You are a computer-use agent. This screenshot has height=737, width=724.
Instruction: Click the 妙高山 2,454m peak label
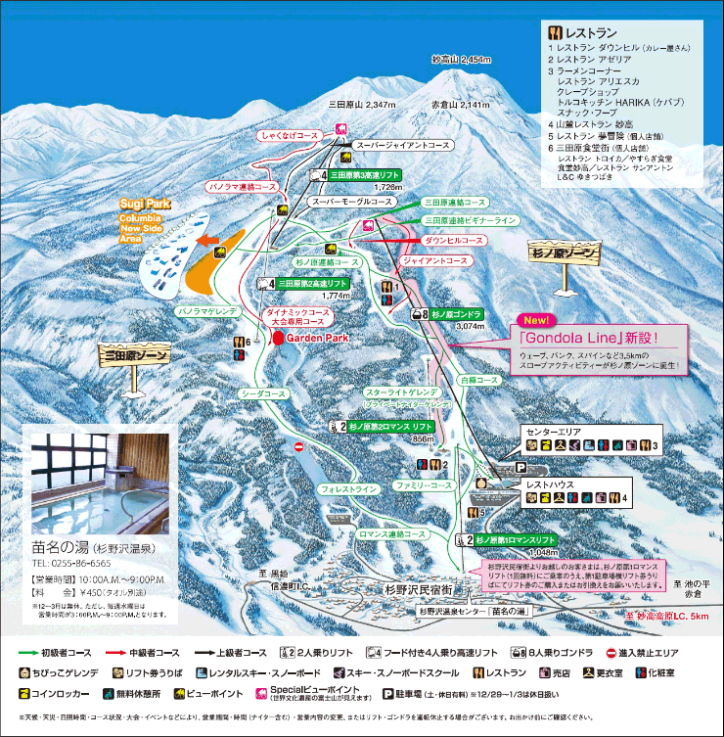coord(461,60)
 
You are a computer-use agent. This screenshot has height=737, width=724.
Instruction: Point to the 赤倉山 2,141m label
coord(459,104)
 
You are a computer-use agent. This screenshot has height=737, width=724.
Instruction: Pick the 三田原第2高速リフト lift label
coord(312,282)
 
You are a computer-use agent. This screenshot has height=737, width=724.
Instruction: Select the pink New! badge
coord(536,321)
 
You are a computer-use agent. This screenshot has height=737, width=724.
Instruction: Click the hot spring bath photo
coord(99,478)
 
